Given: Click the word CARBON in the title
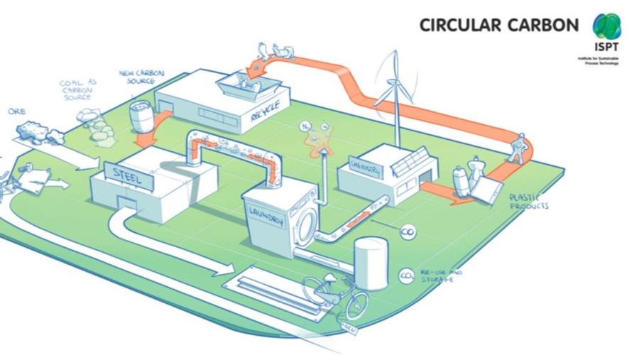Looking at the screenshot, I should click(x=544, y=25).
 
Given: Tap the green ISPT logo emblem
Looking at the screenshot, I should click(x=607, y=27).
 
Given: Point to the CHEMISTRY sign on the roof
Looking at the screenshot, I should click(x=366, y=167).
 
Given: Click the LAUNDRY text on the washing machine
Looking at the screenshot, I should click(x=267, y=218).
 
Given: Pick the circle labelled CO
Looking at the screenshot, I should click(x=408, y=232).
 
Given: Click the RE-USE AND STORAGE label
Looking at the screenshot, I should click(x=441, y=276).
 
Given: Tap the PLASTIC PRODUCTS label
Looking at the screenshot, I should click(x=528, y=202).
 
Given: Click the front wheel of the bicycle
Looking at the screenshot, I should click(x=355, y=303).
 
